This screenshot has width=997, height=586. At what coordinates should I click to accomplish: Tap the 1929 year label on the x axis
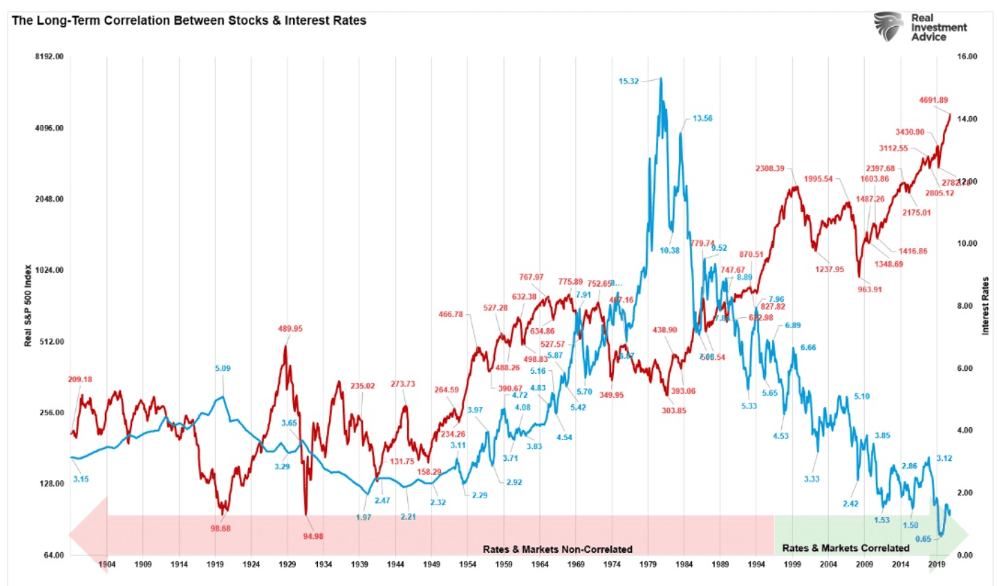287,564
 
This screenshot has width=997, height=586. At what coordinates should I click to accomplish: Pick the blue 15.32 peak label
629,82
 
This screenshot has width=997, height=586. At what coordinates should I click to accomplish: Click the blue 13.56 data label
702,118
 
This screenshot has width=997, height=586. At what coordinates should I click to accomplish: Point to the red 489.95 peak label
294,327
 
